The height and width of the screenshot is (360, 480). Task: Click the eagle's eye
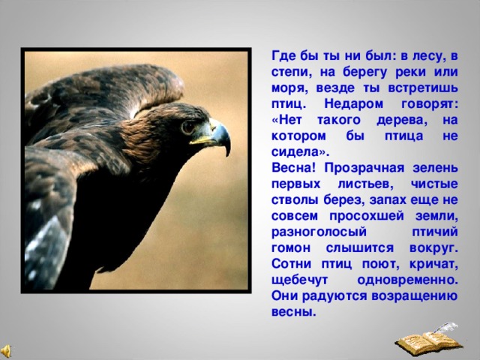pyautogui.click(x=187, y=127)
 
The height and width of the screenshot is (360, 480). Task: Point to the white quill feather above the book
pyautogui.click(x=448, y=328)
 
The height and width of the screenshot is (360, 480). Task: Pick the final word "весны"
pyautogui.click(x=291, y=311)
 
